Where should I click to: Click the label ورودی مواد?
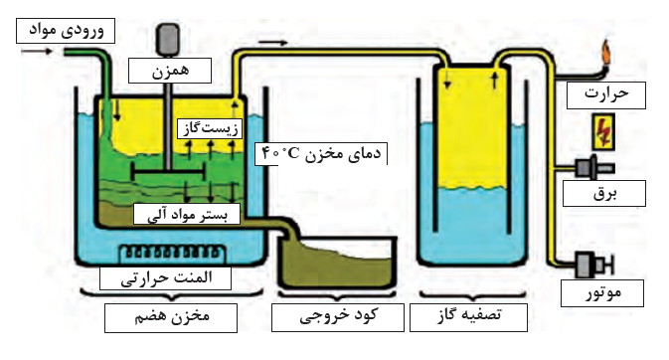[x=66, y=31]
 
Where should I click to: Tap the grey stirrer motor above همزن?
[x=169, y=40]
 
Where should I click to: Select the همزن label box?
[x=170, y=71]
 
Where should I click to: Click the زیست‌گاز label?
[x=210, y=128]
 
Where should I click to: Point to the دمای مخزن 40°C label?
[x=321, y=154]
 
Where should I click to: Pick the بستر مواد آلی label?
[x=187, y=214]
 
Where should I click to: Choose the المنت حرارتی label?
[x=166, y=278]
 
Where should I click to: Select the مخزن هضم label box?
[x=171, y=317]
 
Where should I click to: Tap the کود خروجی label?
[x=338, y=317]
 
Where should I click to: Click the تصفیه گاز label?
[x=468, y=317]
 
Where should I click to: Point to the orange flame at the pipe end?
[x=606, y=54]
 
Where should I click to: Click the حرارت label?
[x=605, y=95]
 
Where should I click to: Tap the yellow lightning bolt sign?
[x=603, y=131]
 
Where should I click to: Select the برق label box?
[x=604, y=194]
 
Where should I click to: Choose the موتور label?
[x=602, y=293]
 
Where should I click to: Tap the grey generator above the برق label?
[x=594, y=167]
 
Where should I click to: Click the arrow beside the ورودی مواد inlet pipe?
[x=37, y=52]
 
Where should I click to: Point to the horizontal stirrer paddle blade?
[x=169, y=173]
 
